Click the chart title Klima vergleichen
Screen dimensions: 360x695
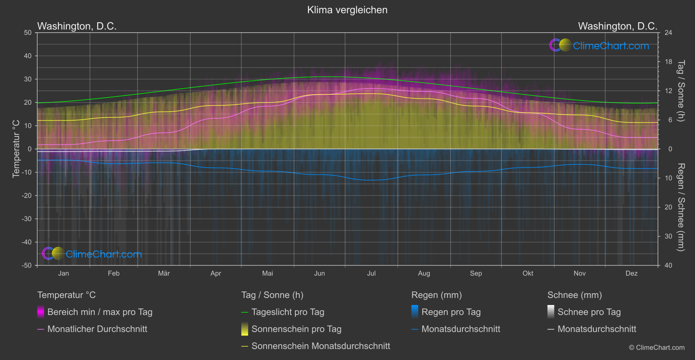(x=347, y=10)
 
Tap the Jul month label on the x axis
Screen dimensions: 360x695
(x=371, y=273)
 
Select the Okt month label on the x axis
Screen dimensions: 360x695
(x=528, y=273)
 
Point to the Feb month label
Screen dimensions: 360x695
(x=113, y=273)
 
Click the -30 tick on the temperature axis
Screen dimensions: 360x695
(x=27, y=219)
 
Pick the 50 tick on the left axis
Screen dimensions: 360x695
(x=28, y=33)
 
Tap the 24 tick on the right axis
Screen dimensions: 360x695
(x=668, y=33)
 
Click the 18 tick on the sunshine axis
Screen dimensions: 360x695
(x=668, y=62)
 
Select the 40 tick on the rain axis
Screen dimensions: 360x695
(x=668, y=265)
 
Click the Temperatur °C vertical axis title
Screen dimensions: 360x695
(x=16, y=149)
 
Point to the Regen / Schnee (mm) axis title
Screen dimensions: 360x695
(x=681, y=207)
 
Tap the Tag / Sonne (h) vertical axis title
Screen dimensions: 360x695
(x=681, y=91)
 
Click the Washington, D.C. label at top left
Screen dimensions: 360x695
(x=77, y=26)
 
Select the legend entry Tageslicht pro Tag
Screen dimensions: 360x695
(x=288, y=312)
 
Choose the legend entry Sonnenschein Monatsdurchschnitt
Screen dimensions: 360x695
(x=321, y=346)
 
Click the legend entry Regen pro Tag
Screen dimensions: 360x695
(x=451, y=312)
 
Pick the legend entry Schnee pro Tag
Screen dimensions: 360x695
(x=589, y=312)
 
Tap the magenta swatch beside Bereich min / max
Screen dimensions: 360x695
(x=41, y=312)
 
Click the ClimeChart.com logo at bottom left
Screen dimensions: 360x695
(x=92, y=254)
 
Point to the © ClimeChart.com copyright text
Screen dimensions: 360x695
(x=657, y=348)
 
